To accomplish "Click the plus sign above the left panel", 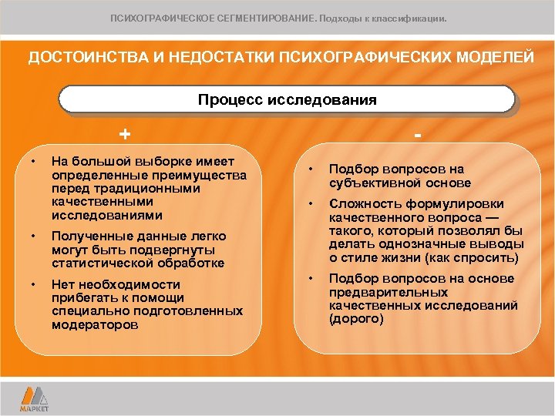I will (x=124, y=134).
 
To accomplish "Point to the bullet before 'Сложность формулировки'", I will (x=310, y=204).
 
